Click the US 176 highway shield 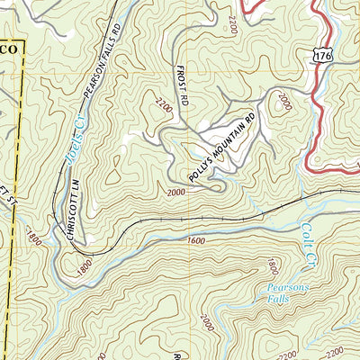point(321,56)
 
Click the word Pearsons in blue point(285,290)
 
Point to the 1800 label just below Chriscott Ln point(84,266)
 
